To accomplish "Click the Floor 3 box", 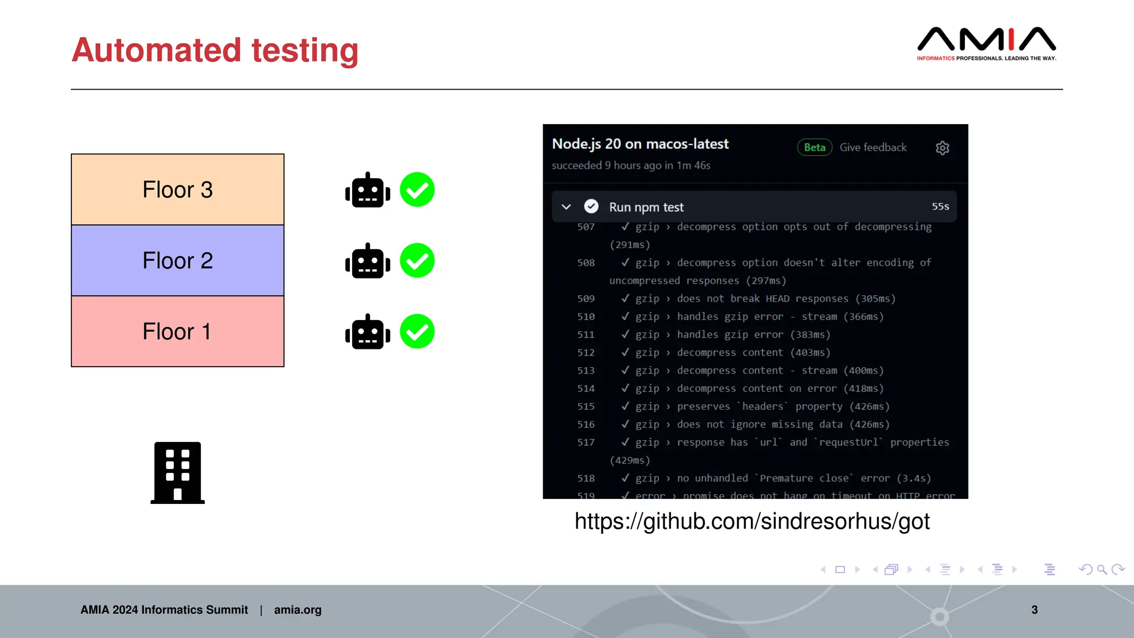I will (177, 189).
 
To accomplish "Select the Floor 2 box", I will (177, 260).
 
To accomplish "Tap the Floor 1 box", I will (177, 331).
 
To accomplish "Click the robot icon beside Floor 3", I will (368, 190).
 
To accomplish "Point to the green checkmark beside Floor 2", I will (417, 260).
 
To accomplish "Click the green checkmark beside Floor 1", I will (417, 331).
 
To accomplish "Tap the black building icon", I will (178, 472).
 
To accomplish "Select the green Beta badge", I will (815, 147).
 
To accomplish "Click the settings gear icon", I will (942, 148).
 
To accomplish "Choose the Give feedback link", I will (873, 147).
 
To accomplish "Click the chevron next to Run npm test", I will (566, 207).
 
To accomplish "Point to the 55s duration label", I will (940, 207).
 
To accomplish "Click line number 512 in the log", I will (586, 353).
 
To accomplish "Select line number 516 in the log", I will (586, 425).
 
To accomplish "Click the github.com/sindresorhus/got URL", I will (752, 521).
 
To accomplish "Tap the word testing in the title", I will (305, 50).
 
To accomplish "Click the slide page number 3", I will (1034, 610).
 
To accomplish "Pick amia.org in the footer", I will (297, 610).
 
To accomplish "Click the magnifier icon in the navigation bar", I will (1102, 569).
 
